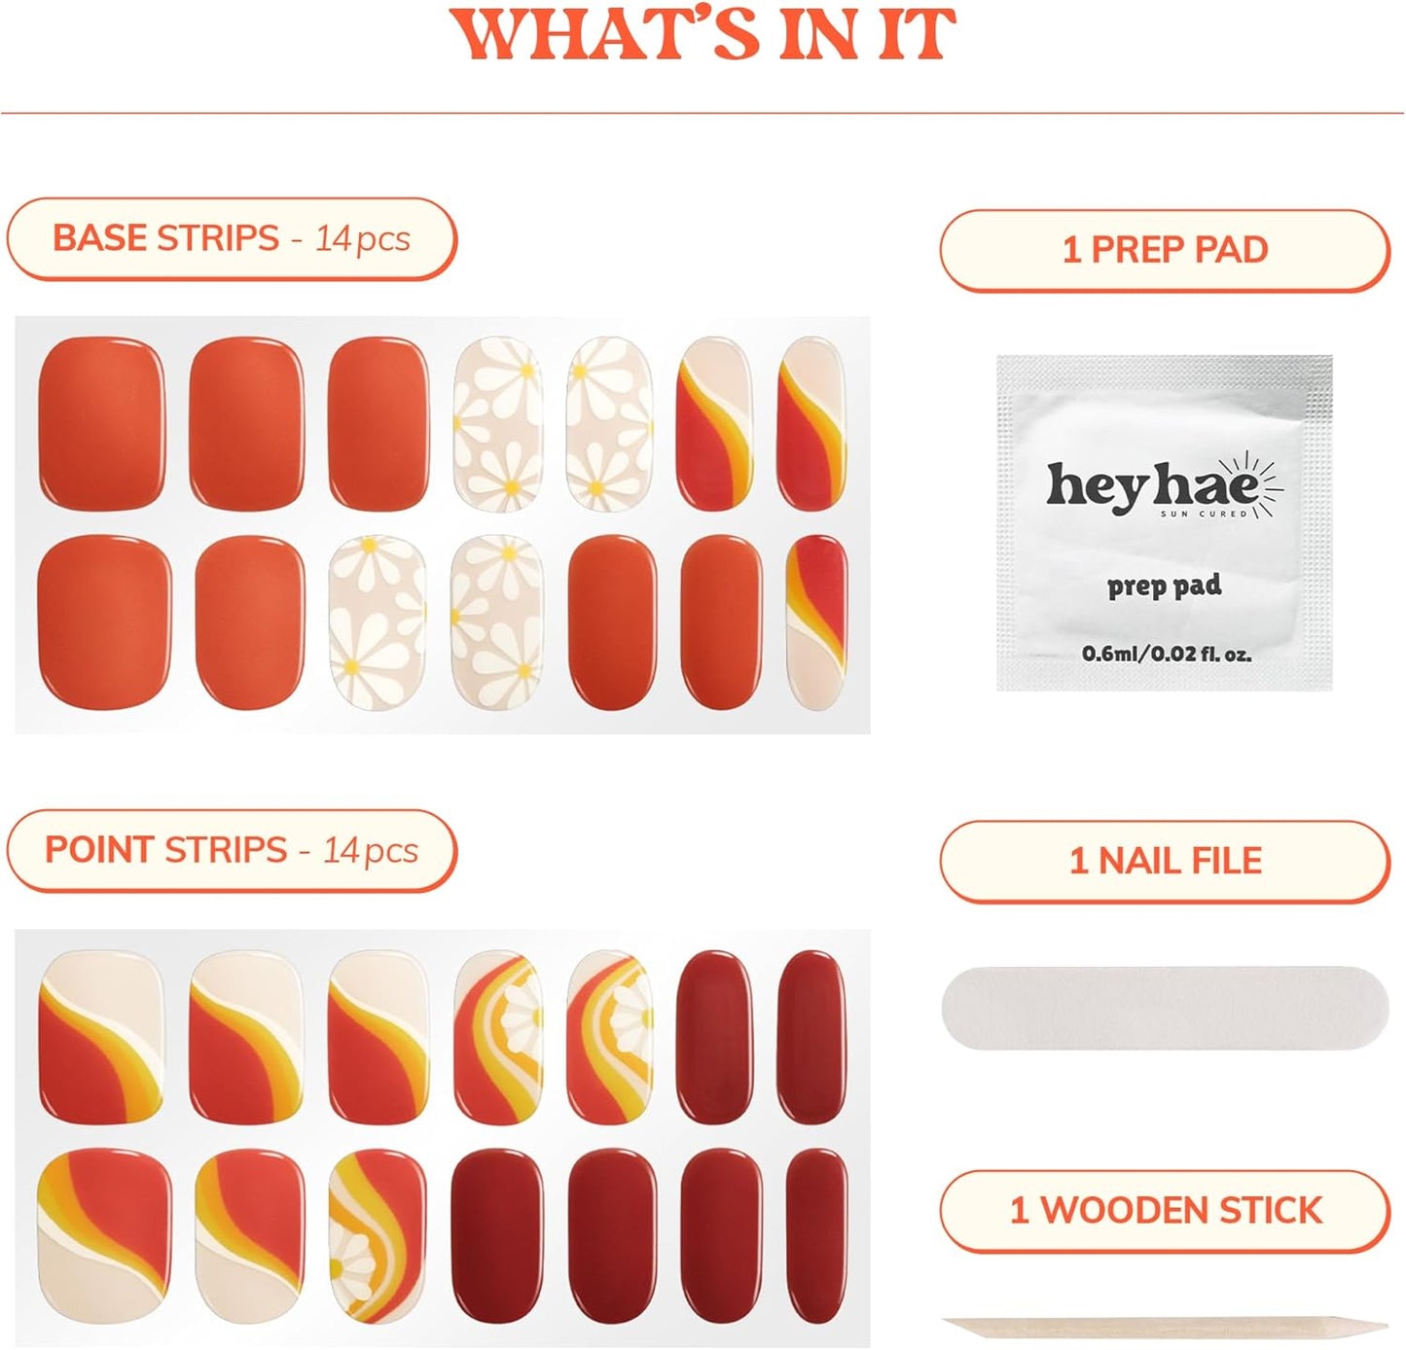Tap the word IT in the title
[917, 35]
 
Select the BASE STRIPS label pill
[232, 238]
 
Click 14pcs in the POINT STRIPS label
[371, 851]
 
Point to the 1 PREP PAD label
[1165, 250]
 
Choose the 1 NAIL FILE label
[1165, 861]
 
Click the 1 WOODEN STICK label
[1165, 1211]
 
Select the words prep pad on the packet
[1164, 586]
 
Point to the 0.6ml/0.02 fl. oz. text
[1166, 654]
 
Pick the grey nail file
[1165, 1008]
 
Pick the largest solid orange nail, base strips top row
[101, 423]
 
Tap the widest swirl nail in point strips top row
[101, 1036]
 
